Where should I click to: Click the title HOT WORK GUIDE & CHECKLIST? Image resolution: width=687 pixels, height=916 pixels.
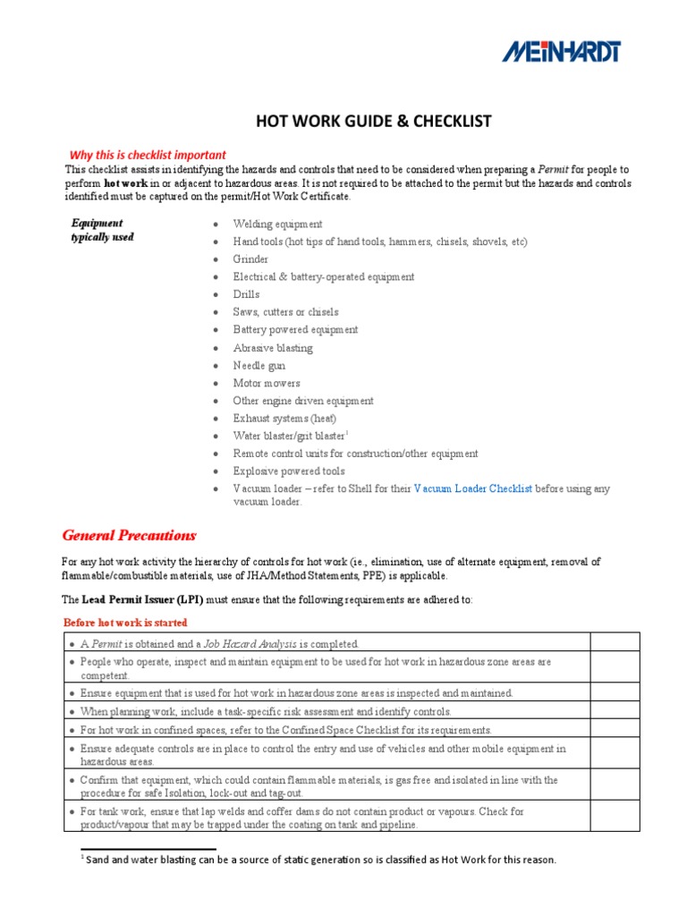(x=374, y=121)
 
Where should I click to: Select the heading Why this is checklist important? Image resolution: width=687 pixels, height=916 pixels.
(x=148, y=155)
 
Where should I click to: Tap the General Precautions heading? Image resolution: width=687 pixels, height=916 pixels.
(x=129, y=536)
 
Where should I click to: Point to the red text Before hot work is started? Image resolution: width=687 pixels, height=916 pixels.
(x=125, y=623)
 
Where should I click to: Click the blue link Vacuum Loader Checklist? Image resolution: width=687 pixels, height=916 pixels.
(x=473, y=488)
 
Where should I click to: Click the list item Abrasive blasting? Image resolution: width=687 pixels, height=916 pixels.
(x=273, y=348)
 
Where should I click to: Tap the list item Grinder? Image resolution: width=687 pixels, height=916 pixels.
(x=250, y=259)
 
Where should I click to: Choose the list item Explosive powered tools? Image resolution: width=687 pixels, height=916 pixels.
(x=289, y=471)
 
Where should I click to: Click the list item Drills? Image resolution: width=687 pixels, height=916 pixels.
(x=246, y=294)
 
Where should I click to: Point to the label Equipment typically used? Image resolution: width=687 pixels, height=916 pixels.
(x=102, y=230)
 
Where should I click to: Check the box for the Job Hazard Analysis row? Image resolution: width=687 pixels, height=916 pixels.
(x=615, y=642)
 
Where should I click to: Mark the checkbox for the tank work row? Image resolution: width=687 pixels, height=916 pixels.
(x=615, y=816)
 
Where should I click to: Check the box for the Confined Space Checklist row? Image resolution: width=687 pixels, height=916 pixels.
(x=615, y=729)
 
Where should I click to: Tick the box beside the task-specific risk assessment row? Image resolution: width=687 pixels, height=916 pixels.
(x=615, y=711)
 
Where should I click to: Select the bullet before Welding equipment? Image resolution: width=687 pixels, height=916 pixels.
(x=216, y=225)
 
